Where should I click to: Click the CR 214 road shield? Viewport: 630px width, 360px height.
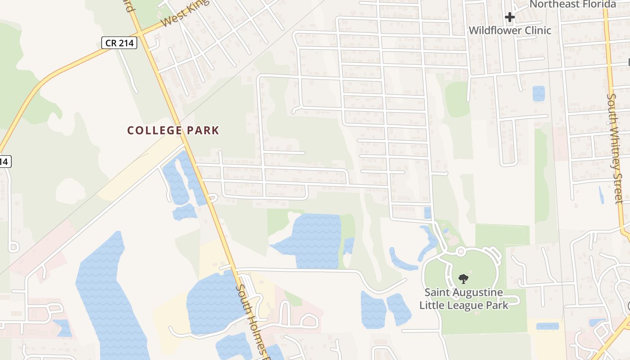(x=119, y=43)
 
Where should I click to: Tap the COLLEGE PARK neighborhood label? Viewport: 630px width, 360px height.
(x=173, y=130)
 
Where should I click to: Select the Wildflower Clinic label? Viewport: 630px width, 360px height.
(x=510, y=30)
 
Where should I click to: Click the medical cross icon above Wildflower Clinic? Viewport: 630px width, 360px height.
(x=509, y=18)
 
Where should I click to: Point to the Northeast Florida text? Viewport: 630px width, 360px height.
(x=572, y=4)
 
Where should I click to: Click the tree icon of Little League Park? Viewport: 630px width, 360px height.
(x=463, y=279)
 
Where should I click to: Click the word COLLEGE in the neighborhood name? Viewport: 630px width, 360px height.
(x=148, y=130)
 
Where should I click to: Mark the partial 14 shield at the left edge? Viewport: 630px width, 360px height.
(x=4, y=161)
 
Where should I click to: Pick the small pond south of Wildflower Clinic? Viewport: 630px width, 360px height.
(x=538, y=93)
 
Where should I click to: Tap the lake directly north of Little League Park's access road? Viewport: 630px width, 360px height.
(x=310, y=241)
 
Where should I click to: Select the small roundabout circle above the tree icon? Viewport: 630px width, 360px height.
(x=460, y=251)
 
